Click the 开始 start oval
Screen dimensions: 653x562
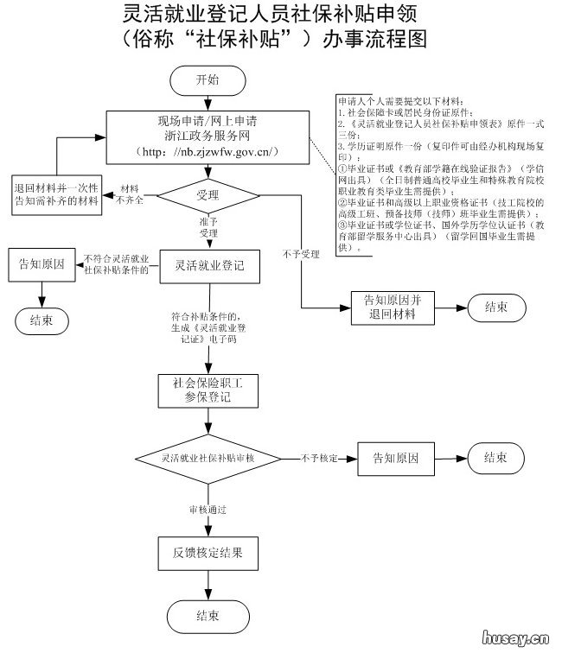click(208, 79)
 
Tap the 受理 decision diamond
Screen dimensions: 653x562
click(208, 195)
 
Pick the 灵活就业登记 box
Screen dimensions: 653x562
click(208, 265)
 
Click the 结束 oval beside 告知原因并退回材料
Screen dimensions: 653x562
click(496, 307)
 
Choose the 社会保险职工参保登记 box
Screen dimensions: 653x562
click(207, 390)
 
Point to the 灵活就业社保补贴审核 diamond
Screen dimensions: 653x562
click(208, 458)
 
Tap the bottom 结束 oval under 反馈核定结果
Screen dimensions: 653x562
click(207, 616)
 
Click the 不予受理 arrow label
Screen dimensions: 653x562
click(300, 253)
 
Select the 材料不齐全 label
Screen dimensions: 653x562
click(129, 193)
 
